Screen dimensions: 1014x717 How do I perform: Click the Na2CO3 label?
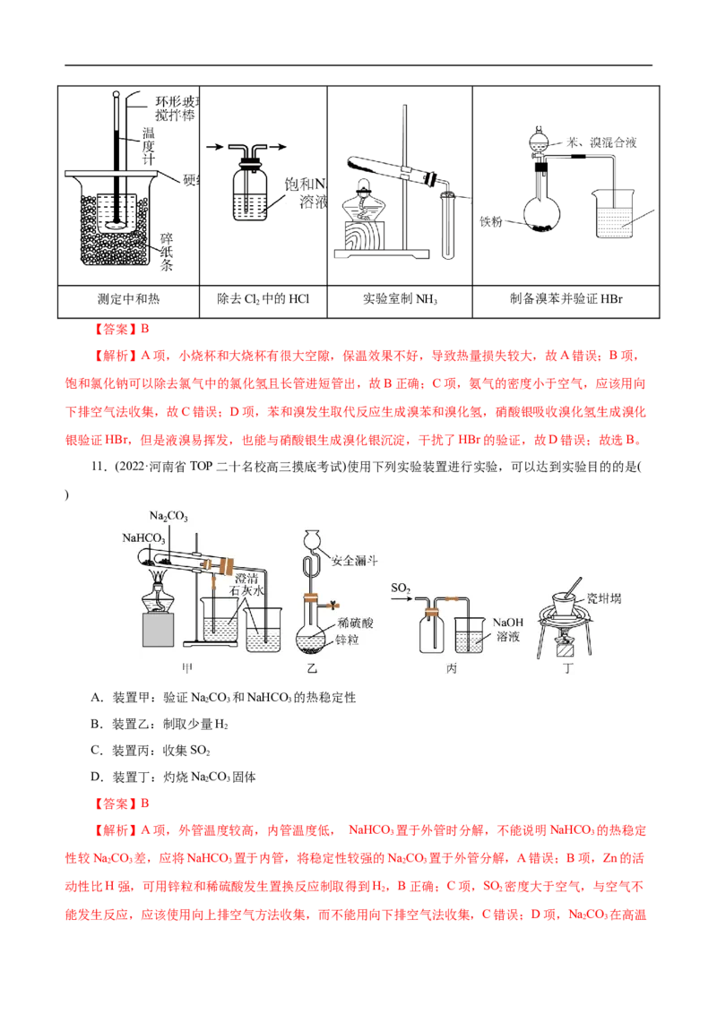click(168, 519)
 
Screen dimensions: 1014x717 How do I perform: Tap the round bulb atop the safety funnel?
click(312, 539)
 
